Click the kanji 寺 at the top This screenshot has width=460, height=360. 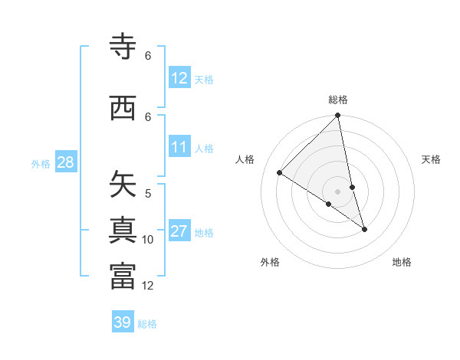coord(123,47)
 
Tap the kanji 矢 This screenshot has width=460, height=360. coord(123,185)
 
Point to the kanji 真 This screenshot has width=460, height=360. coord(123,231)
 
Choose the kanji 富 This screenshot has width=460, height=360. coord(123,276)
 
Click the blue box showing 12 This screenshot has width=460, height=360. coord(179,78)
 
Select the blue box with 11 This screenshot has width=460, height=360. coord(179,147)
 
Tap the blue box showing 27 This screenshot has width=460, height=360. coord(179,231)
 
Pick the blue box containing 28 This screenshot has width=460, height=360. coord(65,162)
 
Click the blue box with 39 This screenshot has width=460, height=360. coord(123,322)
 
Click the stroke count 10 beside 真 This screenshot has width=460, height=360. coord(148,240)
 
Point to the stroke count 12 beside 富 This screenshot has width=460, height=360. coord(148,286)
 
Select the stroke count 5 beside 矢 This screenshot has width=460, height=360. coord(148,194)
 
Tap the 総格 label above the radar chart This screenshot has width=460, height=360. coord(338,100)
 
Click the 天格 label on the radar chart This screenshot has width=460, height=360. coord(431,159)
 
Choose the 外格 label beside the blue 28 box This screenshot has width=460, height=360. coord(41,163)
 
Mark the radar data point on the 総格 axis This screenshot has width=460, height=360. coord(338,116)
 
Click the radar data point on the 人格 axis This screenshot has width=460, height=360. coord(280,173)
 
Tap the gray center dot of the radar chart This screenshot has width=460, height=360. coord(338,191)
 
